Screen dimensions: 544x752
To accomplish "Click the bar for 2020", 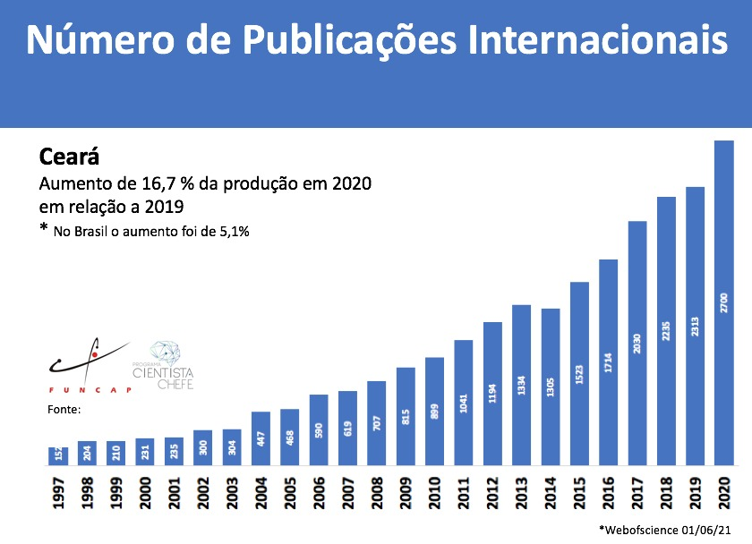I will point(723,303).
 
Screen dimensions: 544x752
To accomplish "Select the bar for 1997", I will point(58,456).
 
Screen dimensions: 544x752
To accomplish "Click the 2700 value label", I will point(723,302).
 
